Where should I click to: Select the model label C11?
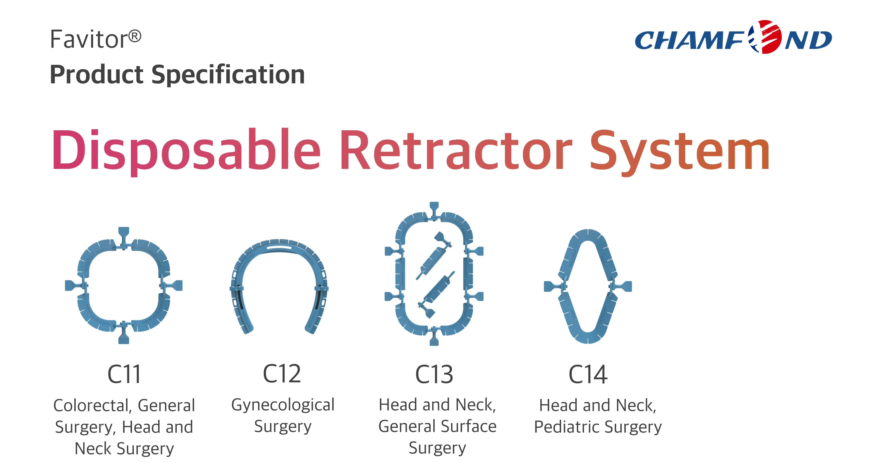pos(124,374)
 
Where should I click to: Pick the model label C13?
pos(434,374)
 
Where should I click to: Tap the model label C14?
pos(588,374)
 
